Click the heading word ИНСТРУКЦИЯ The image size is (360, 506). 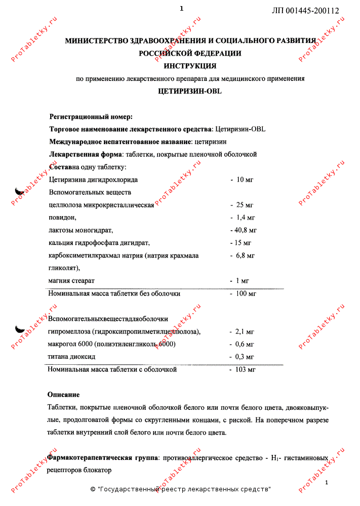190,66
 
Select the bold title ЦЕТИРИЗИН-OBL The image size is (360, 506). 190,92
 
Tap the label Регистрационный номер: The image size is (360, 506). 91,117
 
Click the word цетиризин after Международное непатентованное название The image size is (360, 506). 211,142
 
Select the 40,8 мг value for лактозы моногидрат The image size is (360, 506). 243,230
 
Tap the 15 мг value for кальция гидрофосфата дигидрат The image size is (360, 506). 241,243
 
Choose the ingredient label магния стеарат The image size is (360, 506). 71,280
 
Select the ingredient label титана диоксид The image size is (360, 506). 71,357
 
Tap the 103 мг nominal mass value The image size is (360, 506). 243,370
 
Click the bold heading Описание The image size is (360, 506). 64,394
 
